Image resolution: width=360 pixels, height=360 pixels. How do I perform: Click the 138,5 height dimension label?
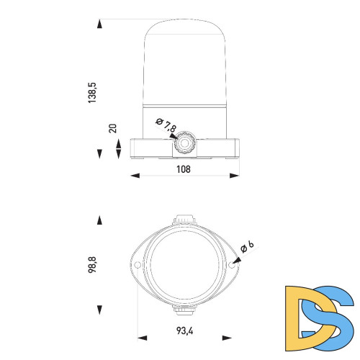92,93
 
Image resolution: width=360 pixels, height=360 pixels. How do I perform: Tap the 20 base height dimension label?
112,128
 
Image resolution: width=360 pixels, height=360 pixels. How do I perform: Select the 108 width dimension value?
184,169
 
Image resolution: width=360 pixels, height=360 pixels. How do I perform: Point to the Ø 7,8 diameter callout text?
166,125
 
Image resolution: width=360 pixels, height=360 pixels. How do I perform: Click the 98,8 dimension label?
92,264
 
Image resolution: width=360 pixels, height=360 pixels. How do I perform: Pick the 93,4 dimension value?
184,330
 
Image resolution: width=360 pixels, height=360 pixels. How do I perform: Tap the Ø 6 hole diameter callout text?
247,247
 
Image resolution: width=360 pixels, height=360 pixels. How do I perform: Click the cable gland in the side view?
184,143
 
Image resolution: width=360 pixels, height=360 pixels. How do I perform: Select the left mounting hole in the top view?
138,265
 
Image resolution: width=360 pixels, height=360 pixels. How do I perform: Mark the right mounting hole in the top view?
232,265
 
